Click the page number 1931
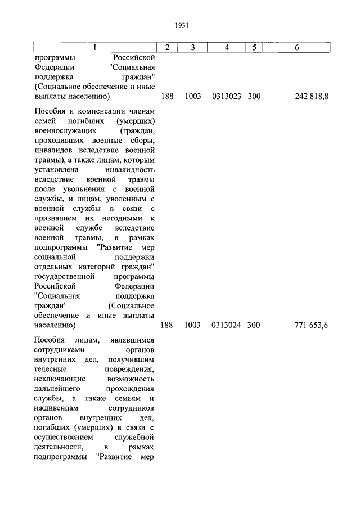pos(181,25)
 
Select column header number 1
pos(94,48)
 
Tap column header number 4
pos(226,48)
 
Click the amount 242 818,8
pos(312,97)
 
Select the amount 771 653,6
pos(311,325)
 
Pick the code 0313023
pos(227,97)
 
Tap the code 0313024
pos(227,325)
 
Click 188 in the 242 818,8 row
pos(167,97)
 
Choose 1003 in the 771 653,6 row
pos(192,325)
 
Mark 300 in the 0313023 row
pos(254,97)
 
